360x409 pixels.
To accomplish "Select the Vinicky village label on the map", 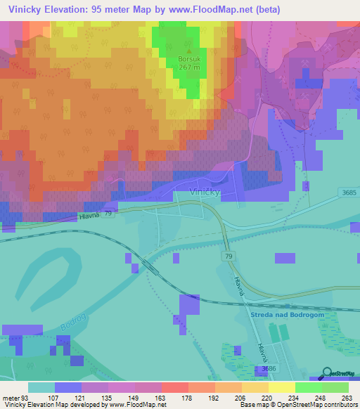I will pos(206,192).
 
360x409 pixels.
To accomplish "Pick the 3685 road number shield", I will pos(347,193).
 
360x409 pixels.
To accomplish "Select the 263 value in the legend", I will pos(347,398).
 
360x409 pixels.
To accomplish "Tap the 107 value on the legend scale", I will pos(53,398).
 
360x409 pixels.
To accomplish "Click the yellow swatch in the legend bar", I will pos(281,387).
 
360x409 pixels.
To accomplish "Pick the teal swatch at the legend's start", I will pos(41,387).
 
